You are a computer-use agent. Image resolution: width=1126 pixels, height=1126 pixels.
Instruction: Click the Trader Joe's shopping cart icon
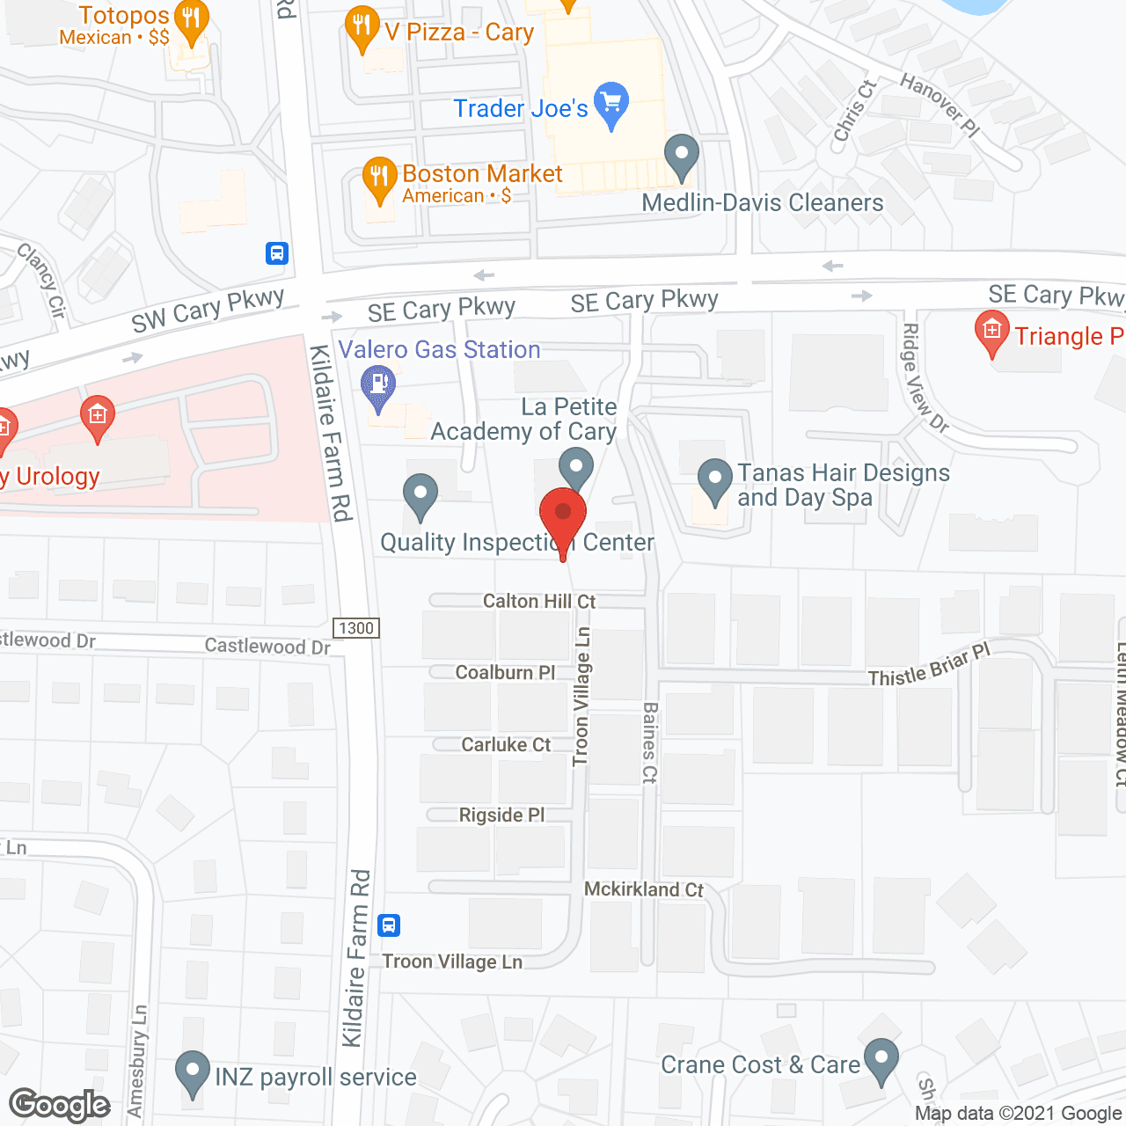coord(611,105)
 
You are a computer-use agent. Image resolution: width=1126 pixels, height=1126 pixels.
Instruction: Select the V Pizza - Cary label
coord(459,33)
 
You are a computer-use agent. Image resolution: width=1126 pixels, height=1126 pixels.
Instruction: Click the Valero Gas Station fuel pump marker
coord(379,385)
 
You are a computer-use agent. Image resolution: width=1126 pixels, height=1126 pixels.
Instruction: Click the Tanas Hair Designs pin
coord(715,479)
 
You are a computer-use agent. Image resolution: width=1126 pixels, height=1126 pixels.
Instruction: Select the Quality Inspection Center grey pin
coord(420,494)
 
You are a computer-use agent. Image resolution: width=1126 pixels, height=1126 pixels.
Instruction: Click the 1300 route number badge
coord(356,628)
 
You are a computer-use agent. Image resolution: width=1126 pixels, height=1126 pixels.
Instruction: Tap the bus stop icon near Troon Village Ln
coord(389,925)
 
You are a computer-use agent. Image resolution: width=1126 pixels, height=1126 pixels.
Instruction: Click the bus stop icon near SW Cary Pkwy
coord(277,253)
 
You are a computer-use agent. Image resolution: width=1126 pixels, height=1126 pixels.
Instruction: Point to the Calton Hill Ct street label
coord(539,602)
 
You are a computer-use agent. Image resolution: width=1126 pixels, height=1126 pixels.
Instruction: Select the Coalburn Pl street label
coord(505,673)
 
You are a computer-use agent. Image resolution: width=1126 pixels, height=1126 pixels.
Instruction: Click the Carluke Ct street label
coord(506,745)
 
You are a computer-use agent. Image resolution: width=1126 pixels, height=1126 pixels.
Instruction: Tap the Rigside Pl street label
coord(501,815)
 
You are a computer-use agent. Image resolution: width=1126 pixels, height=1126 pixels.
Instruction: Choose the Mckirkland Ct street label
coord(644,889)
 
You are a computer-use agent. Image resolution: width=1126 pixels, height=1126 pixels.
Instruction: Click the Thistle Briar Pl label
coord(929,666)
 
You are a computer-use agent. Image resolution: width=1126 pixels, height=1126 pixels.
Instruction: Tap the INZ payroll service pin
coord(193,1072)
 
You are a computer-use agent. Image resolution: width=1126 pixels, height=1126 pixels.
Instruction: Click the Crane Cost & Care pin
coord(881,1059)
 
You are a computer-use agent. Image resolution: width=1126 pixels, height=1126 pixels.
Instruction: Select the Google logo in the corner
coord(60,1105)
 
